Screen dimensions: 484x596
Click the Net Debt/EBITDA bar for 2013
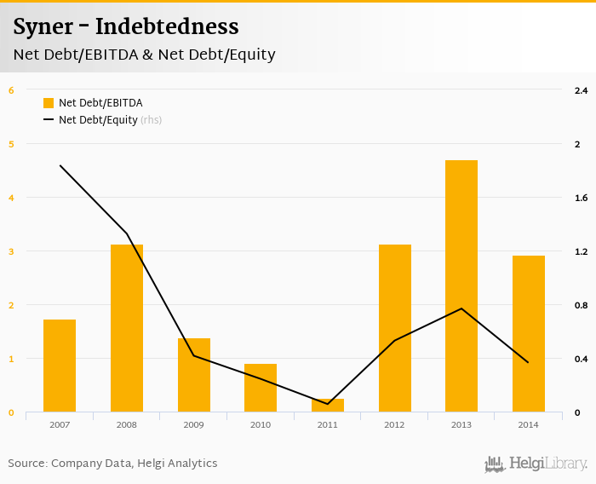tap(461, 285)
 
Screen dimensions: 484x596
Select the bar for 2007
tap(60, 366)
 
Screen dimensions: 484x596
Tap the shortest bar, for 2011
tap(328, 405)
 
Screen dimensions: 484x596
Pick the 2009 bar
tap(193, 375)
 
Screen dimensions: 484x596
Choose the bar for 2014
tap(528, 333)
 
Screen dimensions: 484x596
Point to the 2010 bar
tap(261, 388)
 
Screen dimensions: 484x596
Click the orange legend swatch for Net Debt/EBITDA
tap(49, 103)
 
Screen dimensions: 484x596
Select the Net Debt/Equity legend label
tap(98, 120)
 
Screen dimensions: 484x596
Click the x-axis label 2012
tap(394, 424)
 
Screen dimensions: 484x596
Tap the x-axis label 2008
tap(127, 424)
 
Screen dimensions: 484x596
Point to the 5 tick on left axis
tap(11, 144)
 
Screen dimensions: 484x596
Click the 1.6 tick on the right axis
tap(582, 198)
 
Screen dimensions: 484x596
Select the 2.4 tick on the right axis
tap(582, 90)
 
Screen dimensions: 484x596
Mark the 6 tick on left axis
tap(11, 90)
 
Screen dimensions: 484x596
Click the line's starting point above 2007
tap(60, 165)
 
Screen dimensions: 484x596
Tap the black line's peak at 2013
tap(461, 308)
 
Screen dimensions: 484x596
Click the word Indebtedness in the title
tap(166, 26)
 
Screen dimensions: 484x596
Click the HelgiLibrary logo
tap(536, 464)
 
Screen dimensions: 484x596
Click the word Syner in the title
tap(41, 26)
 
